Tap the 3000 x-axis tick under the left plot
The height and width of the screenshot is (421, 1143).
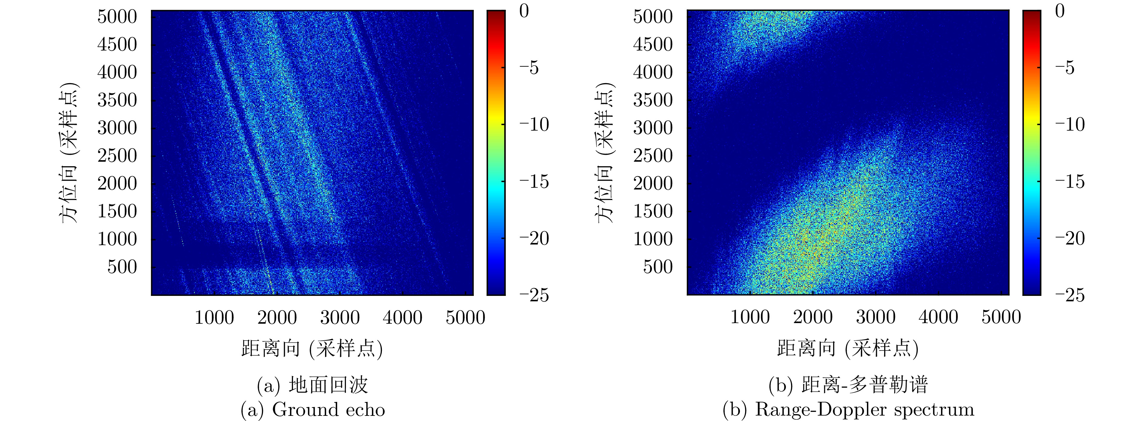coord(340,318)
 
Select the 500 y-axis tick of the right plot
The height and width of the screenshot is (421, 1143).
coord(658,267)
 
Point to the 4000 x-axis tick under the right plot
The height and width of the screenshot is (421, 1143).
coord(938,318)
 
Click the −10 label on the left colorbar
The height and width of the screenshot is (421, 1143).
coord(534,125)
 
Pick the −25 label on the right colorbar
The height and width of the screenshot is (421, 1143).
coord(1070,295)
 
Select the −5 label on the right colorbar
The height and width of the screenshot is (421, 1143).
coord(1064,68)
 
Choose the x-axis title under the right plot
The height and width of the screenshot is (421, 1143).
coord(848,348)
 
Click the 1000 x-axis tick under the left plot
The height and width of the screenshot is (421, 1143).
coord(214,318)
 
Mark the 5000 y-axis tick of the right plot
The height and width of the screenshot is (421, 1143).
coord(653,17)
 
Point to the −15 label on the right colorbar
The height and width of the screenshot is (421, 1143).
coord(1070,181)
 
